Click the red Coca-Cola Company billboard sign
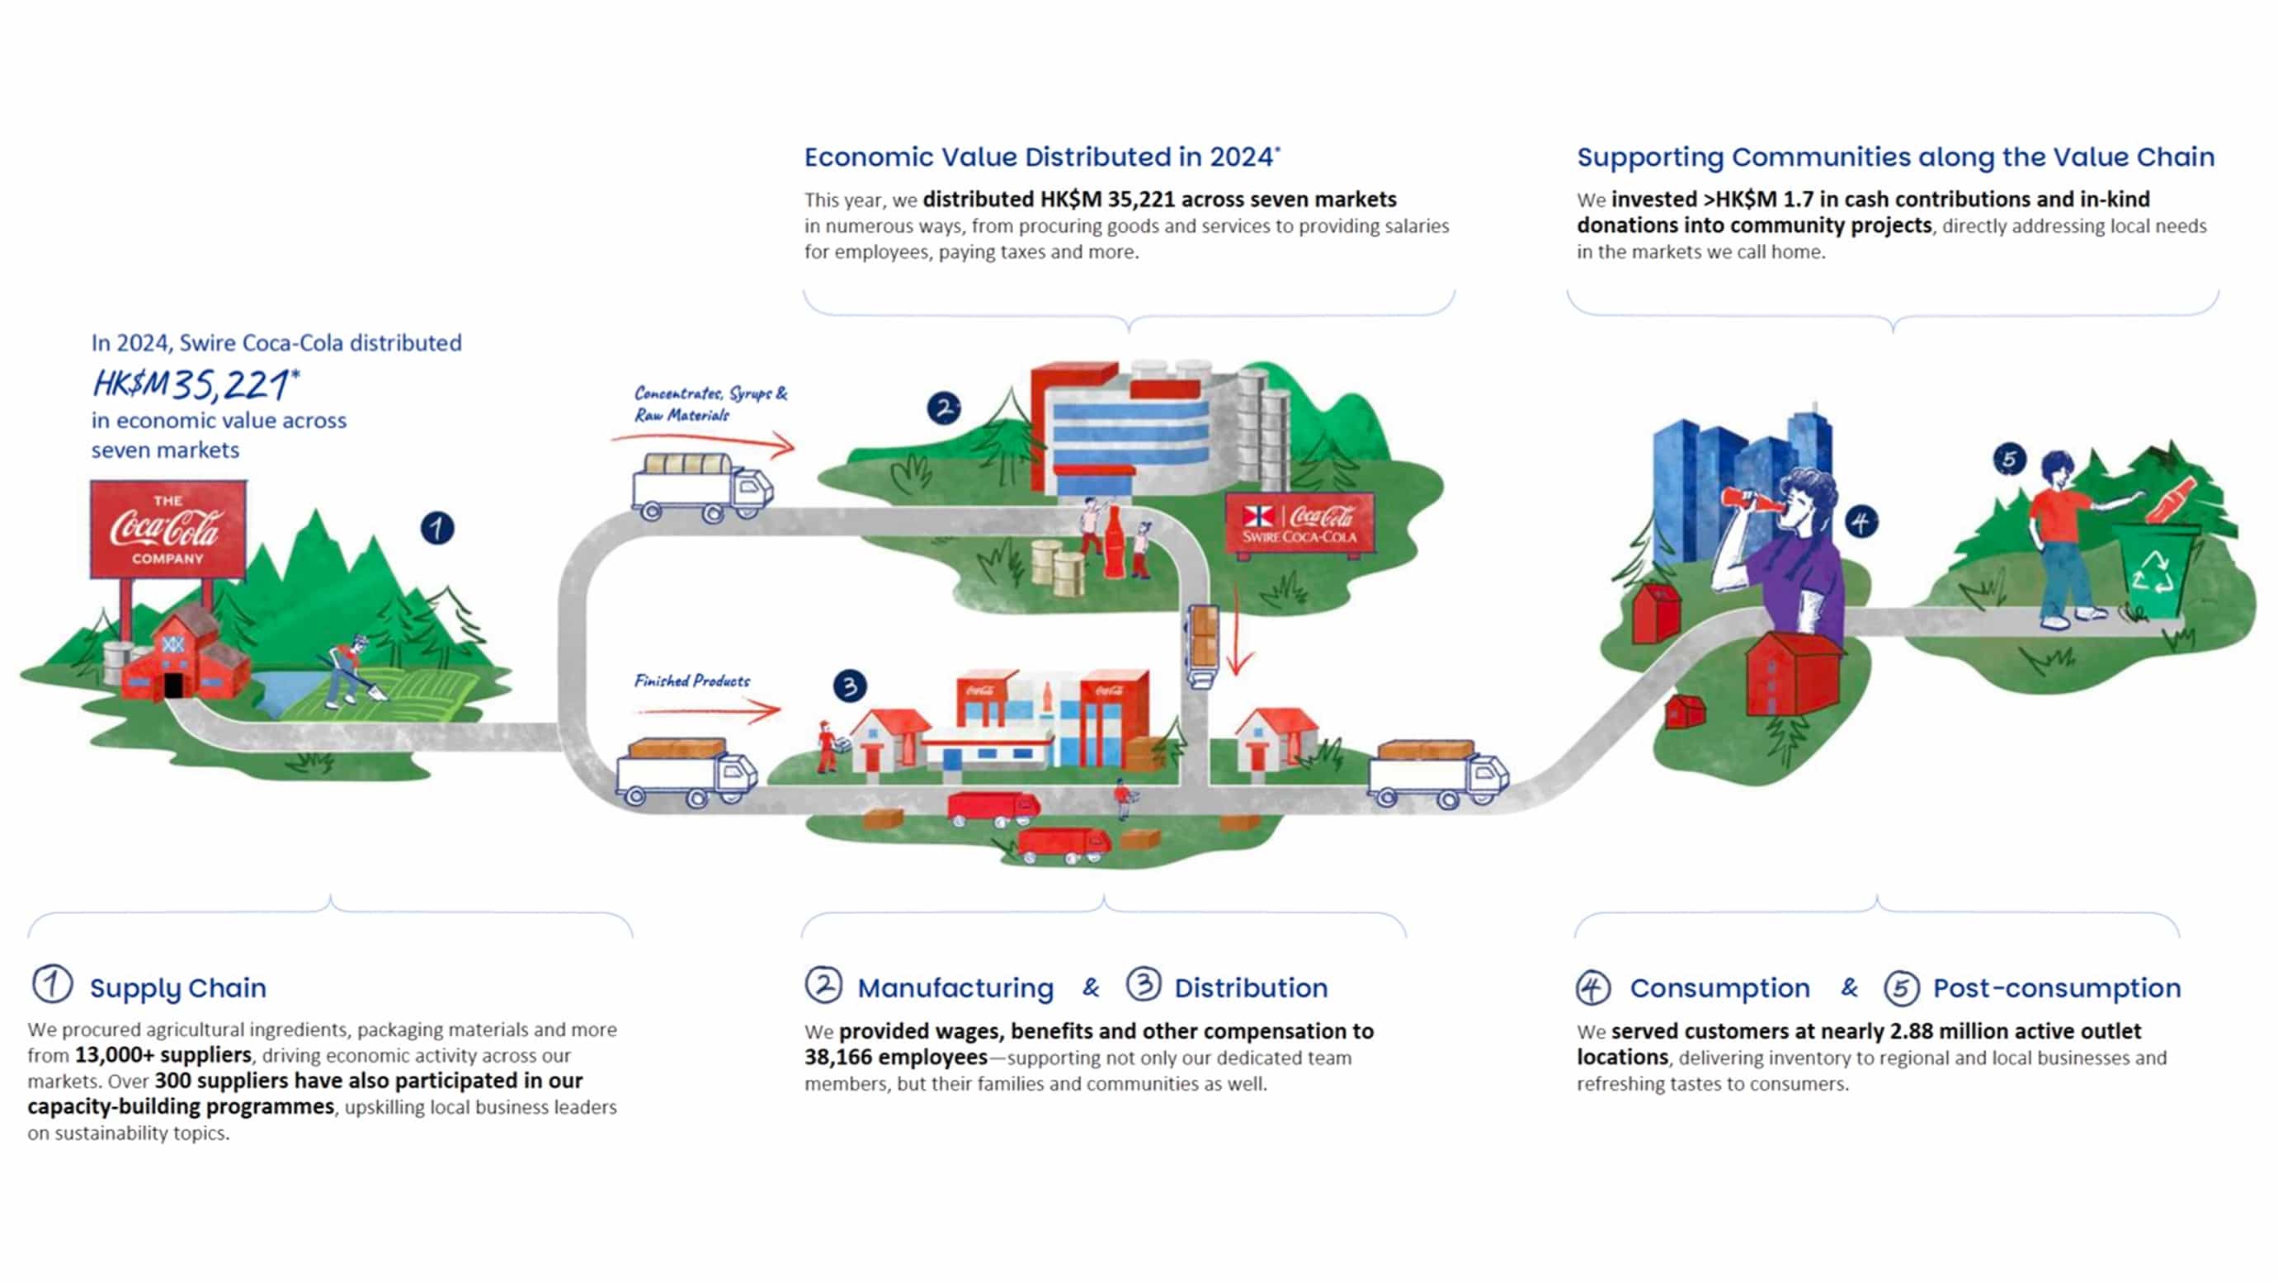[168, 529]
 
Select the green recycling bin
[2155, 570]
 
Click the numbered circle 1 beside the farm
[436, 529]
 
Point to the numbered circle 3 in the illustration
[850, 686]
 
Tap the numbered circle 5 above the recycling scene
[2009, 459]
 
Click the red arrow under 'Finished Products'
[707, 709]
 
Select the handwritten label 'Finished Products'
[691, 681]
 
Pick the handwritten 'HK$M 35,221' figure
[196, 384]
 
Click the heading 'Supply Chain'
[177, 987]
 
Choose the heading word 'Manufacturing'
[955, 987]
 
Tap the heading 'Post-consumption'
[2056, 987]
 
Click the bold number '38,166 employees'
[895, 1058]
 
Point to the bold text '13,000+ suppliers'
[163, 1055]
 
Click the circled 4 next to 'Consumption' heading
[1592, 987]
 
